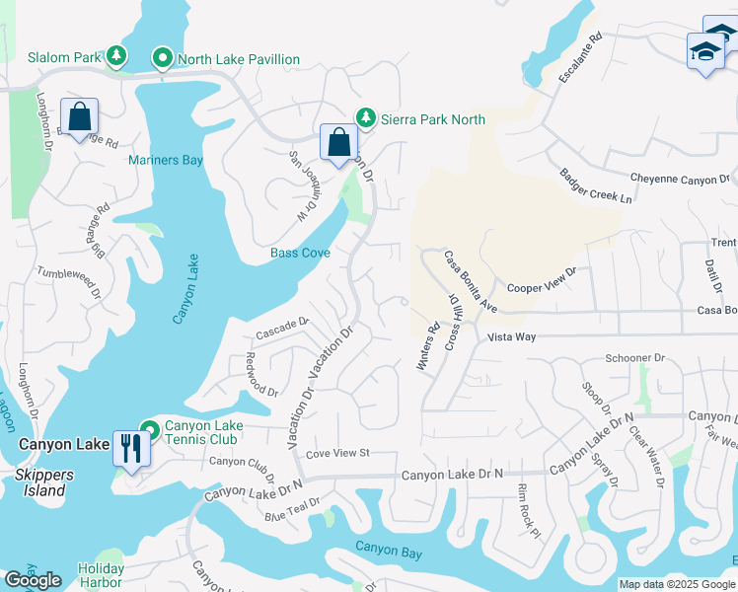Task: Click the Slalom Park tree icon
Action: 116,56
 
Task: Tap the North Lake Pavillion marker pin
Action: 163,59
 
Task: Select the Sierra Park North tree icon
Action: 366,118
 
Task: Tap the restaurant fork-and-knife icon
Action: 130,448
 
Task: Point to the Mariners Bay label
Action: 166,160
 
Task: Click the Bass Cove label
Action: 300,254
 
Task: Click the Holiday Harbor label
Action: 101,575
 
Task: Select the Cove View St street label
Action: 336,453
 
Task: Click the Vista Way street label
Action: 511,336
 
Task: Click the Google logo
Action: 33,580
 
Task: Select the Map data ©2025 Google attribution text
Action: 677,584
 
